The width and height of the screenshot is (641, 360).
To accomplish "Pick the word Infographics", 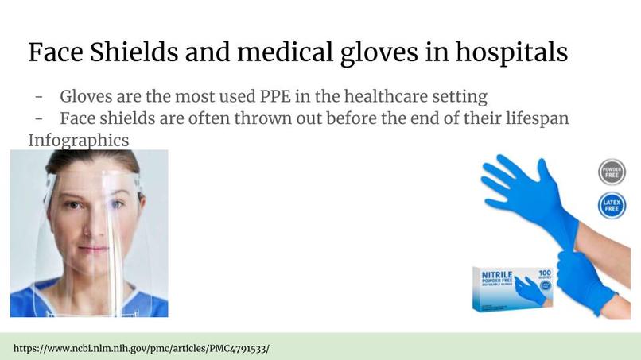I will coord(78,140).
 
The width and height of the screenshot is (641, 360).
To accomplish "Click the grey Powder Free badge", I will coord(612,172).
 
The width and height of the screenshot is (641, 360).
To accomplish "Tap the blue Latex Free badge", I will coord(612,207).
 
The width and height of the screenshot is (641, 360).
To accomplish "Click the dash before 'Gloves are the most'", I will coord(38,97).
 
